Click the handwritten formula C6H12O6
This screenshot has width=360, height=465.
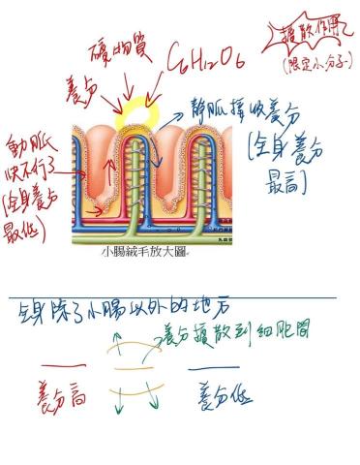coord(204,63)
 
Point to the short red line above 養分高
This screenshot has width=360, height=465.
coord(56,367)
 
